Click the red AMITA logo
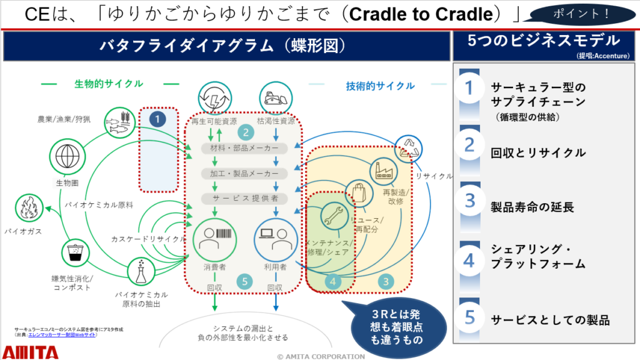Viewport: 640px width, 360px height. click(31, 352)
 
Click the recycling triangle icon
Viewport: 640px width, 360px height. click(408, 148)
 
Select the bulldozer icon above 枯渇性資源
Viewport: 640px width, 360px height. click(276, 97)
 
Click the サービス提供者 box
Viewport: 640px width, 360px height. click(244, 198)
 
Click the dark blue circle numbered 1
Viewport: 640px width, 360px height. click(159, 117)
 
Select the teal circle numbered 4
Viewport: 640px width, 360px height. click(333, 282)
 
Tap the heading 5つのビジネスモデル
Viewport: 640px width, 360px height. click(543, 41)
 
